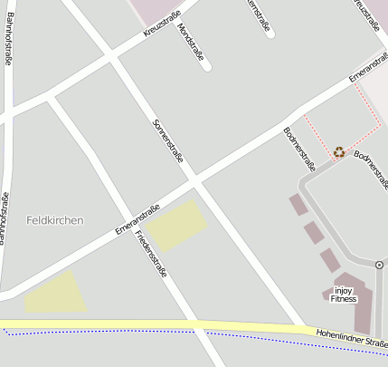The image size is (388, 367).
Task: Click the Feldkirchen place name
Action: coord(55,220)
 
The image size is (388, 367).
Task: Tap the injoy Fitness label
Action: coord(344,295)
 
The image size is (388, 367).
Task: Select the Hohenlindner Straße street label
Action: coord(351,339)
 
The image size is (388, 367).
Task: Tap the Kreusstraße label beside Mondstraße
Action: coord(162,24)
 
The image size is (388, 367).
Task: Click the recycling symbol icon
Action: coord(339,151)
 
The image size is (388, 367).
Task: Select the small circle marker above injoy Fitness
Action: coord(378,265)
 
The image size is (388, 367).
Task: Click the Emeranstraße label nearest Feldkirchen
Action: coord(137,219)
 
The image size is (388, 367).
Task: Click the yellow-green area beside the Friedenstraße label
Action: coord(177,226)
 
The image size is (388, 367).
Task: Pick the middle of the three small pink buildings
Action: coord(314,233)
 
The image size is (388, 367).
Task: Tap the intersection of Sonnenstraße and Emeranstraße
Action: coord(194,180)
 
